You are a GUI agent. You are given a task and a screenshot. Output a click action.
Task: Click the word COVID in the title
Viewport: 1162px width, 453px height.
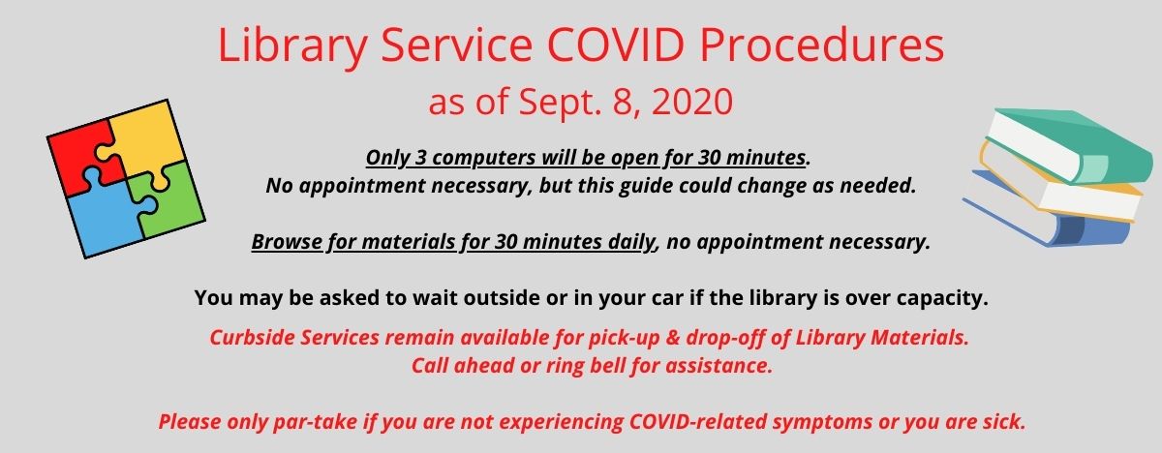[x=615, y=45]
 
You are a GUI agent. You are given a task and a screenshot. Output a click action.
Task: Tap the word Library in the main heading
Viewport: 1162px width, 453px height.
[x=293, y=46]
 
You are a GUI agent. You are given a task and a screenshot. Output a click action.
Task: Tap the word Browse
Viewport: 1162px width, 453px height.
[x=287, y=242]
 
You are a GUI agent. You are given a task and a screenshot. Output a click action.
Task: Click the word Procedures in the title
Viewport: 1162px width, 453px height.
[x=822, y=45]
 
